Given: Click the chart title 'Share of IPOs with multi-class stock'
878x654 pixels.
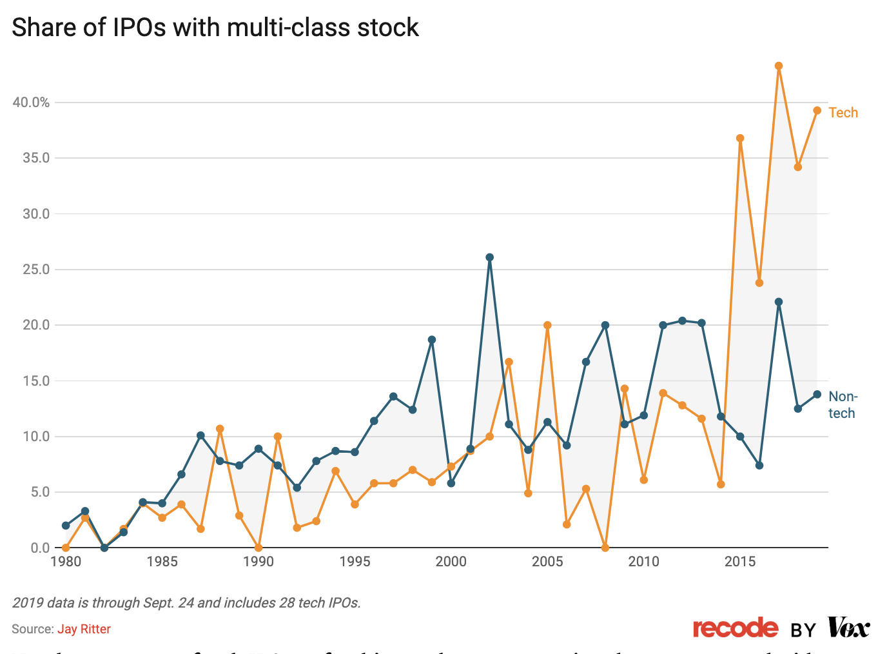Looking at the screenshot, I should pos(215,28).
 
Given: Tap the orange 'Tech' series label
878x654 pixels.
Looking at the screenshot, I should pos(843,113).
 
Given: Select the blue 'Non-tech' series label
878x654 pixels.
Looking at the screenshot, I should pos(842,404).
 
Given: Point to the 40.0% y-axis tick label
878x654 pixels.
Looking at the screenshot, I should pos(31,103).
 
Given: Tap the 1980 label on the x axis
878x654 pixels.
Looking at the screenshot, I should pos(66,562).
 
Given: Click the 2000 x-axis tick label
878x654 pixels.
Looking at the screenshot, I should pos(451,562).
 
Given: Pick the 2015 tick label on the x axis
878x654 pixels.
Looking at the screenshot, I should pos(740,562).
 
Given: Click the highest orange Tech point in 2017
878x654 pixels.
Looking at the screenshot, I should pos(779,66).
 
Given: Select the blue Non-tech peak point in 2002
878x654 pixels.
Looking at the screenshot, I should pos(489,257).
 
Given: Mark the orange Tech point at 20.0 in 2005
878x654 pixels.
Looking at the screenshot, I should pos(547,325).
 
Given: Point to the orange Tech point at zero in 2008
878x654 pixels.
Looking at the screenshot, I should pos(605,548).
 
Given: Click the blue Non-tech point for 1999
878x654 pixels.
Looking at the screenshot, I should pos(432,340).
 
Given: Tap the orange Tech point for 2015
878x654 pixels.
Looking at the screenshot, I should pos(740,138).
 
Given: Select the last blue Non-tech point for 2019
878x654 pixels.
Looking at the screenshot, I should pos(817,394).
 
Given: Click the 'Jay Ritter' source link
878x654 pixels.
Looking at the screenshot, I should pos(84,629).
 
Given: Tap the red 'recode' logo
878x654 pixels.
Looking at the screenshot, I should pos(736,628).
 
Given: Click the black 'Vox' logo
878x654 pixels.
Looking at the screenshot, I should pos(848,627).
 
